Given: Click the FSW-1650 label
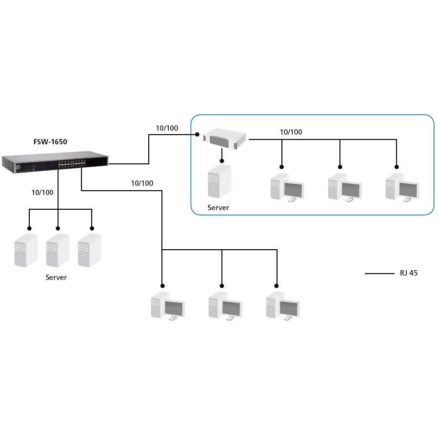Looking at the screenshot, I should click(50, 142).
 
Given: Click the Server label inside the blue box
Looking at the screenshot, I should click(218, 208).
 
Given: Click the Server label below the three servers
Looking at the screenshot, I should click(56, 278).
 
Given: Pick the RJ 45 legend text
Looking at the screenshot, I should click(406, 273).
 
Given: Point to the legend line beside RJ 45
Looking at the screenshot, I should click(379, 274).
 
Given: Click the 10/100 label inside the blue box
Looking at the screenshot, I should click(291, 132).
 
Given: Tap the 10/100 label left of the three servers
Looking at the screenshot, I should click(42, 192).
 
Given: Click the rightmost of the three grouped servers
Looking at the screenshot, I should click(90, 250).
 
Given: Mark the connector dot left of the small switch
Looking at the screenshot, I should click(197, 134).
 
